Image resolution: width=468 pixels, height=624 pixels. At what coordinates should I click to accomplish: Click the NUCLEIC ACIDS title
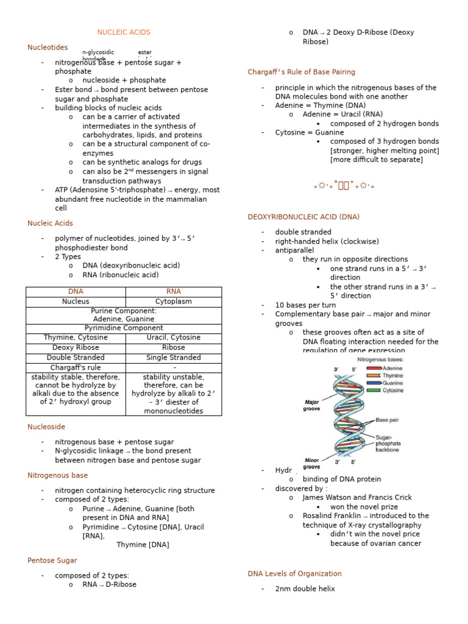[x=124, y=32]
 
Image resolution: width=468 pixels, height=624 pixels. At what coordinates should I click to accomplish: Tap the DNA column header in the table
[x=76, y=292]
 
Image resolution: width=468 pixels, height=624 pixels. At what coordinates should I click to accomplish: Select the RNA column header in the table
[x=174, y=292]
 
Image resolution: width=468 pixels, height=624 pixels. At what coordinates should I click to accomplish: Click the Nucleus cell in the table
[x=76, y=302]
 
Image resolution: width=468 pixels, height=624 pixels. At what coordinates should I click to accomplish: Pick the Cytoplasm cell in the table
[x=174, y=302]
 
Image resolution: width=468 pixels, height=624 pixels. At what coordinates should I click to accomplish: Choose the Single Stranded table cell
[x=174, y=358]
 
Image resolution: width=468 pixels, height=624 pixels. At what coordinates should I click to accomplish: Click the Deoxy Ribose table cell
[x=76, y=348]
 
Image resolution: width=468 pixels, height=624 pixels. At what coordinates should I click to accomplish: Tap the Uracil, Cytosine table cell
[x=174, y=338]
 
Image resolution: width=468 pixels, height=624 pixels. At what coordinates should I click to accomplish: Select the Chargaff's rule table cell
[x=76, y=368]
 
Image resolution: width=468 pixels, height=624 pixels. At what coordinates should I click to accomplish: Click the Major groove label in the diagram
[x=311, y=405]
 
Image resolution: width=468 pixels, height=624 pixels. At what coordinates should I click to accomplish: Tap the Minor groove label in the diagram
[x=311, y=464]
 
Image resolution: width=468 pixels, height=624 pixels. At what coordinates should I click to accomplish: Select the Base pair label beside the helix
[x=388, y=420]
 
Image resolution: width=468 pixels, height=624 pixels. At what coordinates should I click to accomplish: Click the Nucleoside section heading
[x=46, y=427]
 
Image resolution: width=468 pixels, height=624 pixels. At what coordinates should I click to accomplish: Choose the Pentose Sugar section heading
[x=52, y=561]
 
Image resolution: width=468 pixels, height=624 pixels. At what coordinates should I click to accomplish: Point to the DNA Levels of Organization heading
[x=294, y=574]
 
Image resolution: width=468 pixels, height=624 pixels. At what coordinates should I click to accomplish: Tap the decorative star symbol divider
[x=344, y=186]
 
